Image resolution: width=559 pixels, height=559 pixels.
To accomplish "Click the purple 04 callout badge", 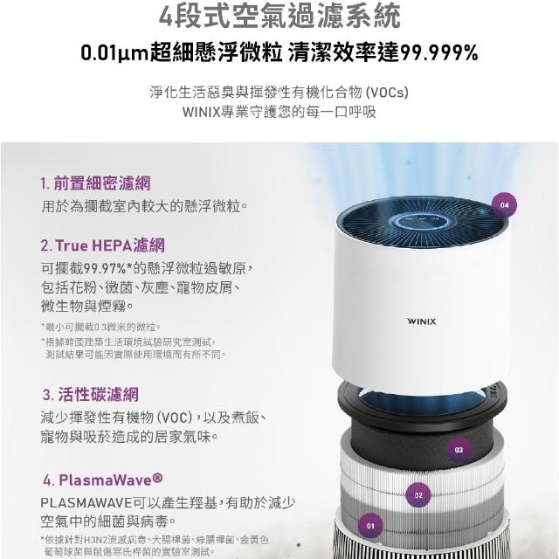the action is coord(505,205).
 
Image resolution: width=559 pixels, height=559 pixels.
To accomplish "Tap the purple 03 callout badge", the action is coord(459,450).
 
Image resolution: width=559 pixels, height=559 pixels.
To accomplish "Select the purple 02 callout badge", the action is coord(418,495).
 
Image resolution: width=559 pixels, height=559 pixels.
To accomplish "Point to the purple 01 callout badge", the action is coord(370,526).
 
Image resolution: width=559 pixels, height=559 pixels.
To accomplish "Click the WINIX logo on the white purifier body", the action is coord(421,321).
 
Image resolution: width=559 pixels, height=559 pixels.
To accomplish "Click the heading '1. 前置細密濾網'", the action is coord(95,183).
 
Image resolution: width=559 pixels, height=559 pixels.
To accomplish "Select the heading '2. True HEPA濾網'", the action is coord(103,245).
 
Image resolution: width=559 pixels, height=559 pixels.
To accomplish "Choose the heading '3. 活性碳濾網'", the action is coord(90,395).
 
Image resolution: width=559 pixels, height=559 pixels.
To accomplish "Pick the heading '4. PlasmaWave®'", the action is coord(103,480).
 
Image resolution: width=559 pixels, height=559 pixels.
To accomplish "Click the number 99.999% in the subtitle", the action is coord(439,53).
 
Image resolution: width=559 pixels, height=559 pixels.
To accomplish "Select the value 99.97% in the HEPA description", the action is coord(104,268).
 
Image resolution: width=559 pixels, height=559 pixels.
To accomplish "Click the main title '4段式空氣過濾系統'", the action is coord(279,16).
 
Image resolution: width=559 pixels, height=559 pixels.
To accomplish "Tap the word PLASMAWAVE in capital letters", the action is coord(86,503).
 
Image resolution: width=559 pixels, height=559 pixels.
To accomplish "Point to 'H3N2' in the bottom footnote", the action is coord(93,540).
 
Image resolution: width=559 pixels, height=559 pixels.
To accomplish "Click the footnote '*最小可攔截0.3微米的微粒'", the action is coord(100,327).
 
